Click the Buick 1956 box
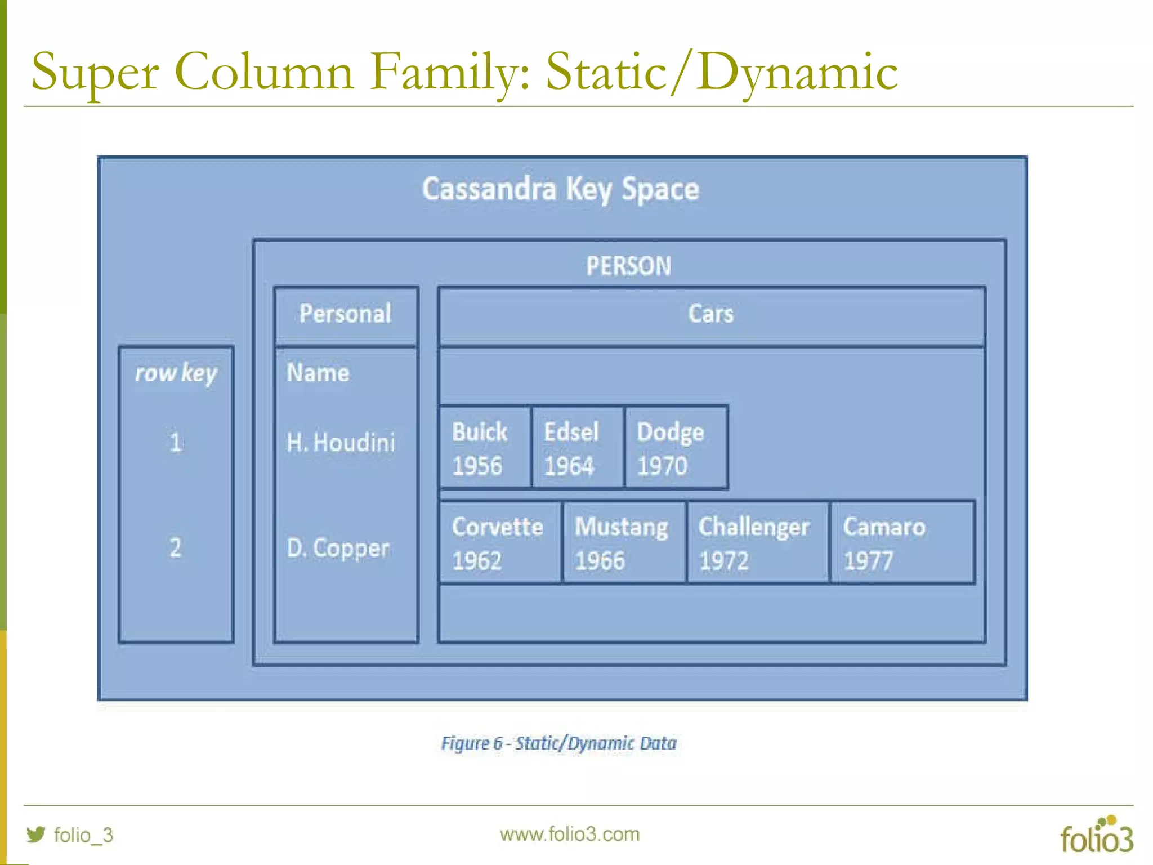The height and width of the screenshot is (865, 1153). tap(485, 448)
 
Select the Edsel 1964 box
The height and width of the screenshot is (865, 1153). tap(578, 448)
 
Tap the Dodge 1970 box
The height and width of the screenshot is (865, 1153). tap(676, 448)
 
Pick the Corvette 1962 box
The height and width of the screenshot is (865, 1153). tap(500, 542)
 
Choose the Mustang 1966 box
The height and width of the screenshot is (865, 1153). tap(624, 542)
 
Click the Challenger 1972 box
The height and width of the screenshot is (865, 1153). tap(757, 542)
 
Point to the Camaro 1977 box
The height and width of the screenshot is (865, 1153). tap(902, 542)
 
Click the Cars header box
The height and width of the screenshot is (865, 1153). tap(711, 314)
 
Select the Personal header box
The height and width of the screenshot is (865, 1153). tap(346, 314)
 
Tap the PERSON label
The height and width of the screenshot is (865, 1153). tap(628, 266)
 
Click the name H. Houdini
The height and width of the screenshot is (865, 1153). tap(341, 443)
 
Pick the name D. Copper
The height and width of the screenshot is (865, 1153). tap(338, 548)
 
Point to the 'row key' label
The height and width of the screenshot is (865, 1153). tap(176, 373)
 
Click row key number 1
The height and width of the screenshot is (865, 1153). tap(176, 443)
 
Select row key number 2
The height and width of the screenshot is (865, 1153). tap(176, 548)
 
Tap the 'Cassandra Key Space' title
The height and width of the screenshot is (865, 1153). tap(561, 189)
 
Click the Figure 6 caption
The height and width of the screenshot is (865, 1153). tap(558, 743)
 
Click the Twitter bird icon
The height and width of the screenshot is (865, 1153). tap(36, 834)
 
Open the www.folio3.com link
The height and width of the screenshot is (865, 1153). tap(569, 834)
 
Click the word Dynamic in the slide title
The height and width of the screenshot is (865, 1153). tap(797, 72)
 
